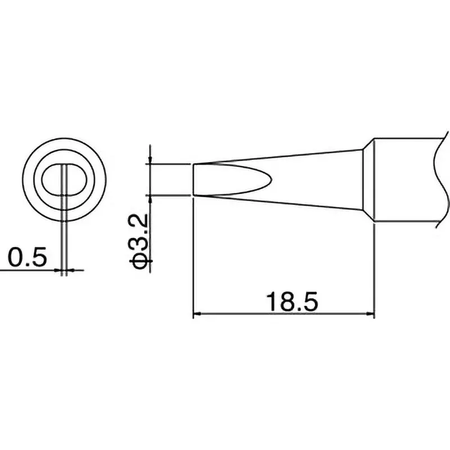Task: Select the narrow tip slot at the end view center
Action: [x=65, y=179]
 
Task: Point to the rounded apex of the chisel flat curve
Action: [x=272, y=179]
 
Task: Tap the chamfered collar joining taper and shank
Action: [x=368, y=180]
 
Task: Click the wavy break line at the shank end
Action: [x=440, y=180]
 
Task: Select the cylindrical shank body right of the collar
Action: [x=405, y=180]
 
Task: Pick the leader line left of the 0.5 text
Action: [x=28, y=271]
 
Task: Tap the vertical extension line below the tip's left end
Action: [x=193, y=259]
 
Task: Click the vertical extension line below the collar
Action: [x=374, y=270]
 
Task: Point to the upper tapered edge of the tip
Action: [x=281, y=156]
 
